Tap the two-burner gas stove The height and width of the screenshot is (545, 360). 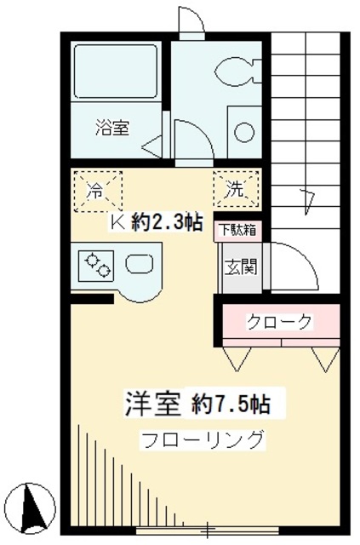tap(95, 265)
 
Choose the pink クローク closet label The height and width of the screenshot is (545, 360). tap(280, 322)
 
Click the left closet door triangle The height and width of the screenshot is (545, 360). tap(237, 359)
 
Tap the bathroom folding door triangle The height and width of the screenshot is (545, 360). tap(151, 146)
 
